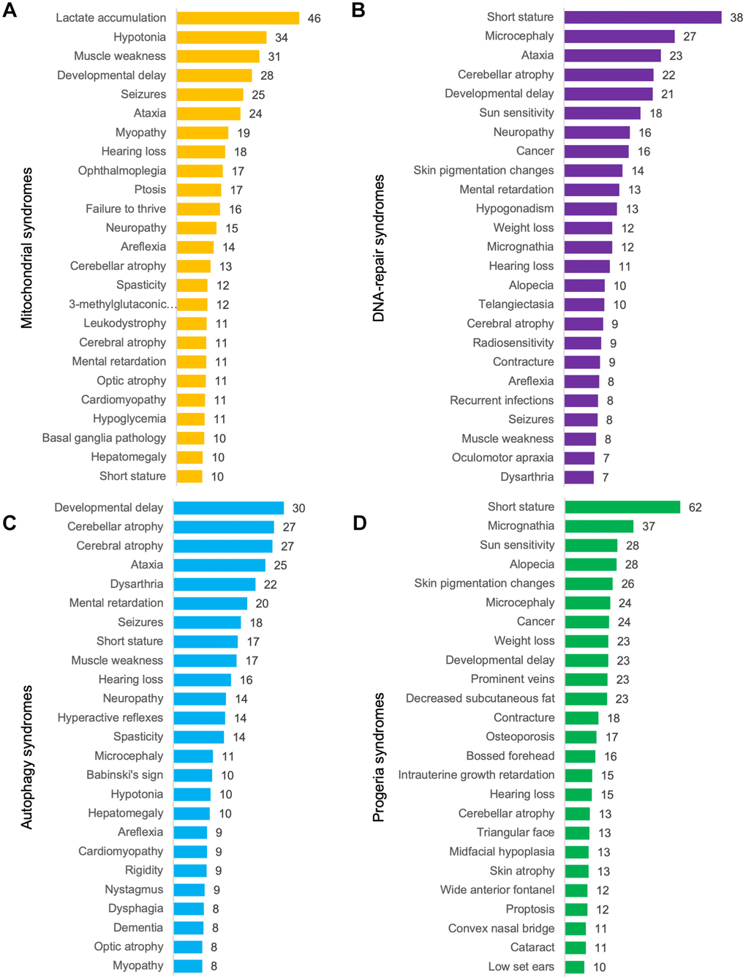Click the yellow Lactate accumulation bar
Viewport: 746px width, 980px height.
click(x=238, y=18)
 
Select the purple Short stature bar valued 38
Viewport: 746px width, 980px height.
click(x=643, y=17)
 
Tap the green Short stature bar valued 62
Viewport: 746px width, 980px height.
click(x=622, y=507)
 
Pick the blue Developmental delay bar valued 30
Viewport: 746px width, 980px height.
click(x=228, y=508)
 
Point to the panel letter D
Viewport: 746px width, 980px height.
click(x=359, y=523)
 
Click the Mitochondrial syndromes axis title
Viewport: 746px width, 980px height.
click(x=27, y=248)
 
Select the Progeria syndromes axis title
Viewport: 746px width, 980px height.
click(x=379, y=758)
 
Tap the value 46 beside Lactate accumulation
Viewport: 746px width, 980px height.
click(x=314, y=18)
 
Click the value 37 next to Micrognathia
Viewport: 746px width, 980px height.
click(x=649, y=526)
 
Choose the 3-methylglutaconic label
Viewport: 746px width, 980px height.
click(x=122, y=304)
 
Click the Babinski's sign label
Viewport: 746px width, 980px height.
click(x=124, y=775)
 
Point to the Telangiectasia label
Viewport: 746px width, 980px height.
click(x=516, y=304)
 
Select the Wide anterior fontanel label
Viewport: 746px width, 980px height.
click(x=497, y=890)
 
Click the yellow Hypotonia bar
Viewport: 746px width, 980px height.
click(x=222, y=37)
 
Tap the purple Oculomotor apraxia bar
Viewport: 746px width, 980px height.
click(x=579, y=458)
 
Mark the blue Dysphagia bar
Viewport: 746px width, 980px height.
click(x=189, y=909)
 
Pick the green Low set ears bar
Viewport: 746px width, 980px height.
click(x=575, y=967)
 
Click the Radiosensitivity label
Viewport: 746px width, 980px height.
click(x=513, y=343)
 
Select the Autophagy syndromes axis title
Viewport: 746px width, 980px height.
click(x=27, y=757)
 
